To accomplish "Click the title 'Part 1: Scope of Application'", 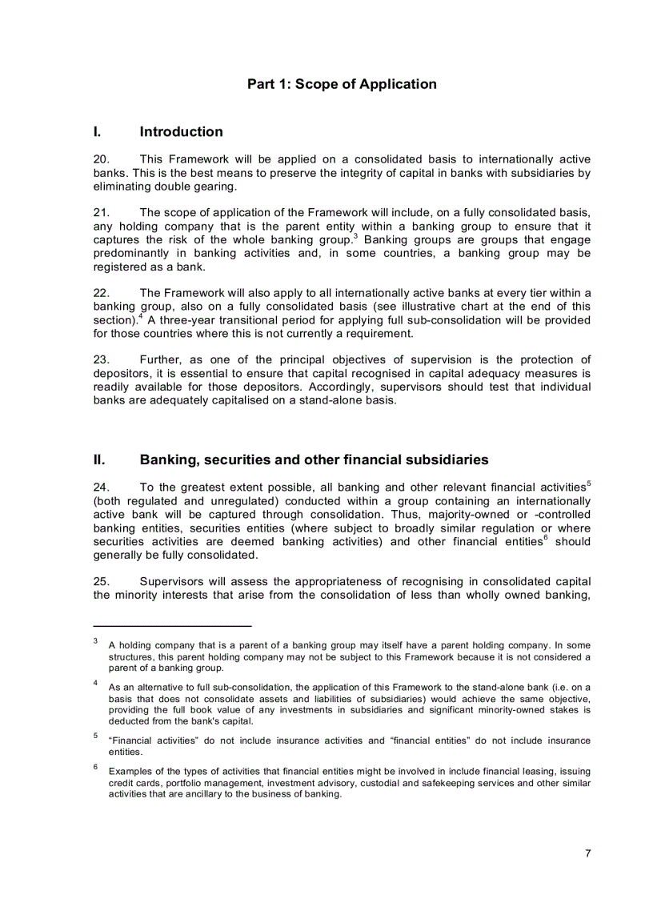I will point(342,84).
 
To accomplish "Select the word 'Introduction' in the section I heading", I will point(181,132).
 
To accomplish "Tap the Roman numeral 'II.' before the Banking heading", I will point(100,460).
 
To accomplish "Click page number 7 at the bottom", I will point(587,853).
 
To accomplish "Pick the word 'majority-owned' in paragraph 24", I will point(475,514).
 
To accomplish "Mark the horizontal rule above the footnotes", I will point(172,626).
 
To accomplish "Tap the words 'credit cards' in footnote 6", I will point(132,783).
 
